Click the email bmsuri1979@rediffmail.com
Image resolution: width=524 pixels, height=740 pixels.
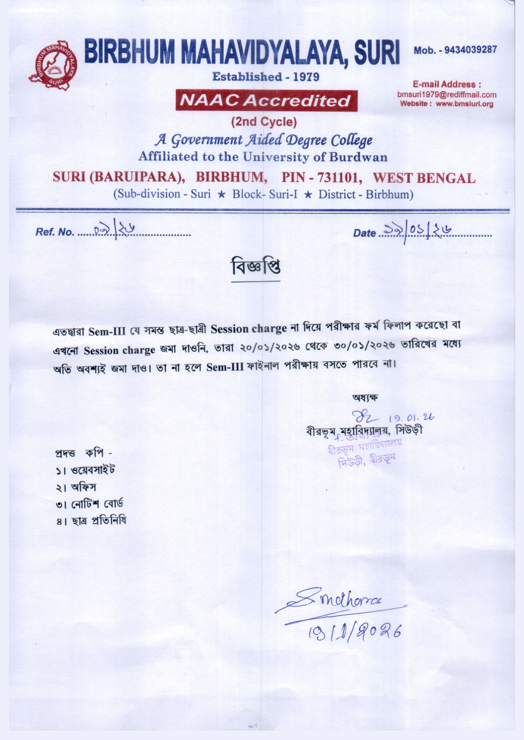pyautogui.click(x=447, y=95)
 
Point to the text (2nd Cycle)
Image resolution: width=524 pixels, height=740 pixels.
pyautogui.click(x=264, y=122)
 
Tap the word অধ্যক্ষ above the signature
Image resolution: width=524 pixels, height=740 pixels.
pyautogui.click(x=365, y=397)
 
